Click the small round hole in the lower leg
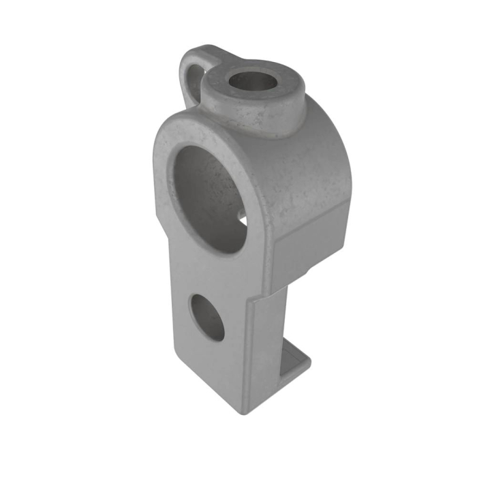[x=207, y=316]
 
